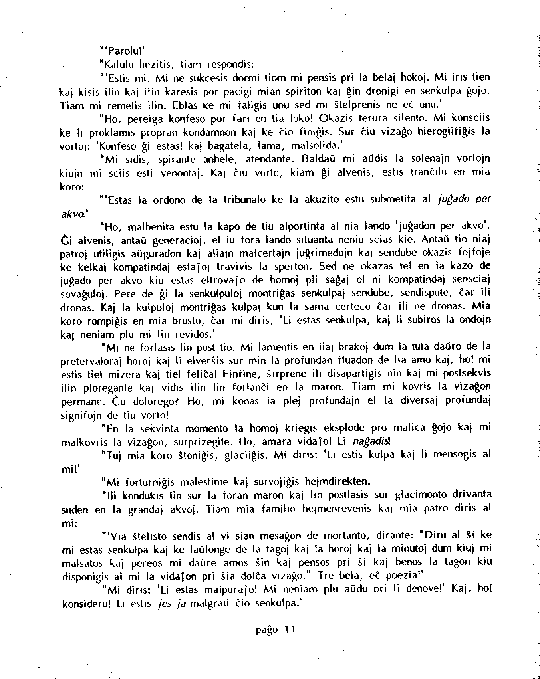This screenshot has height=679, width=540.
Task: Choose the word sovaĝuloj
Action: click(85, 295)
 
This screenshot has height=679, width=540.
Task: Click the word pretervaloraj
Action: click(91, 361)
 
